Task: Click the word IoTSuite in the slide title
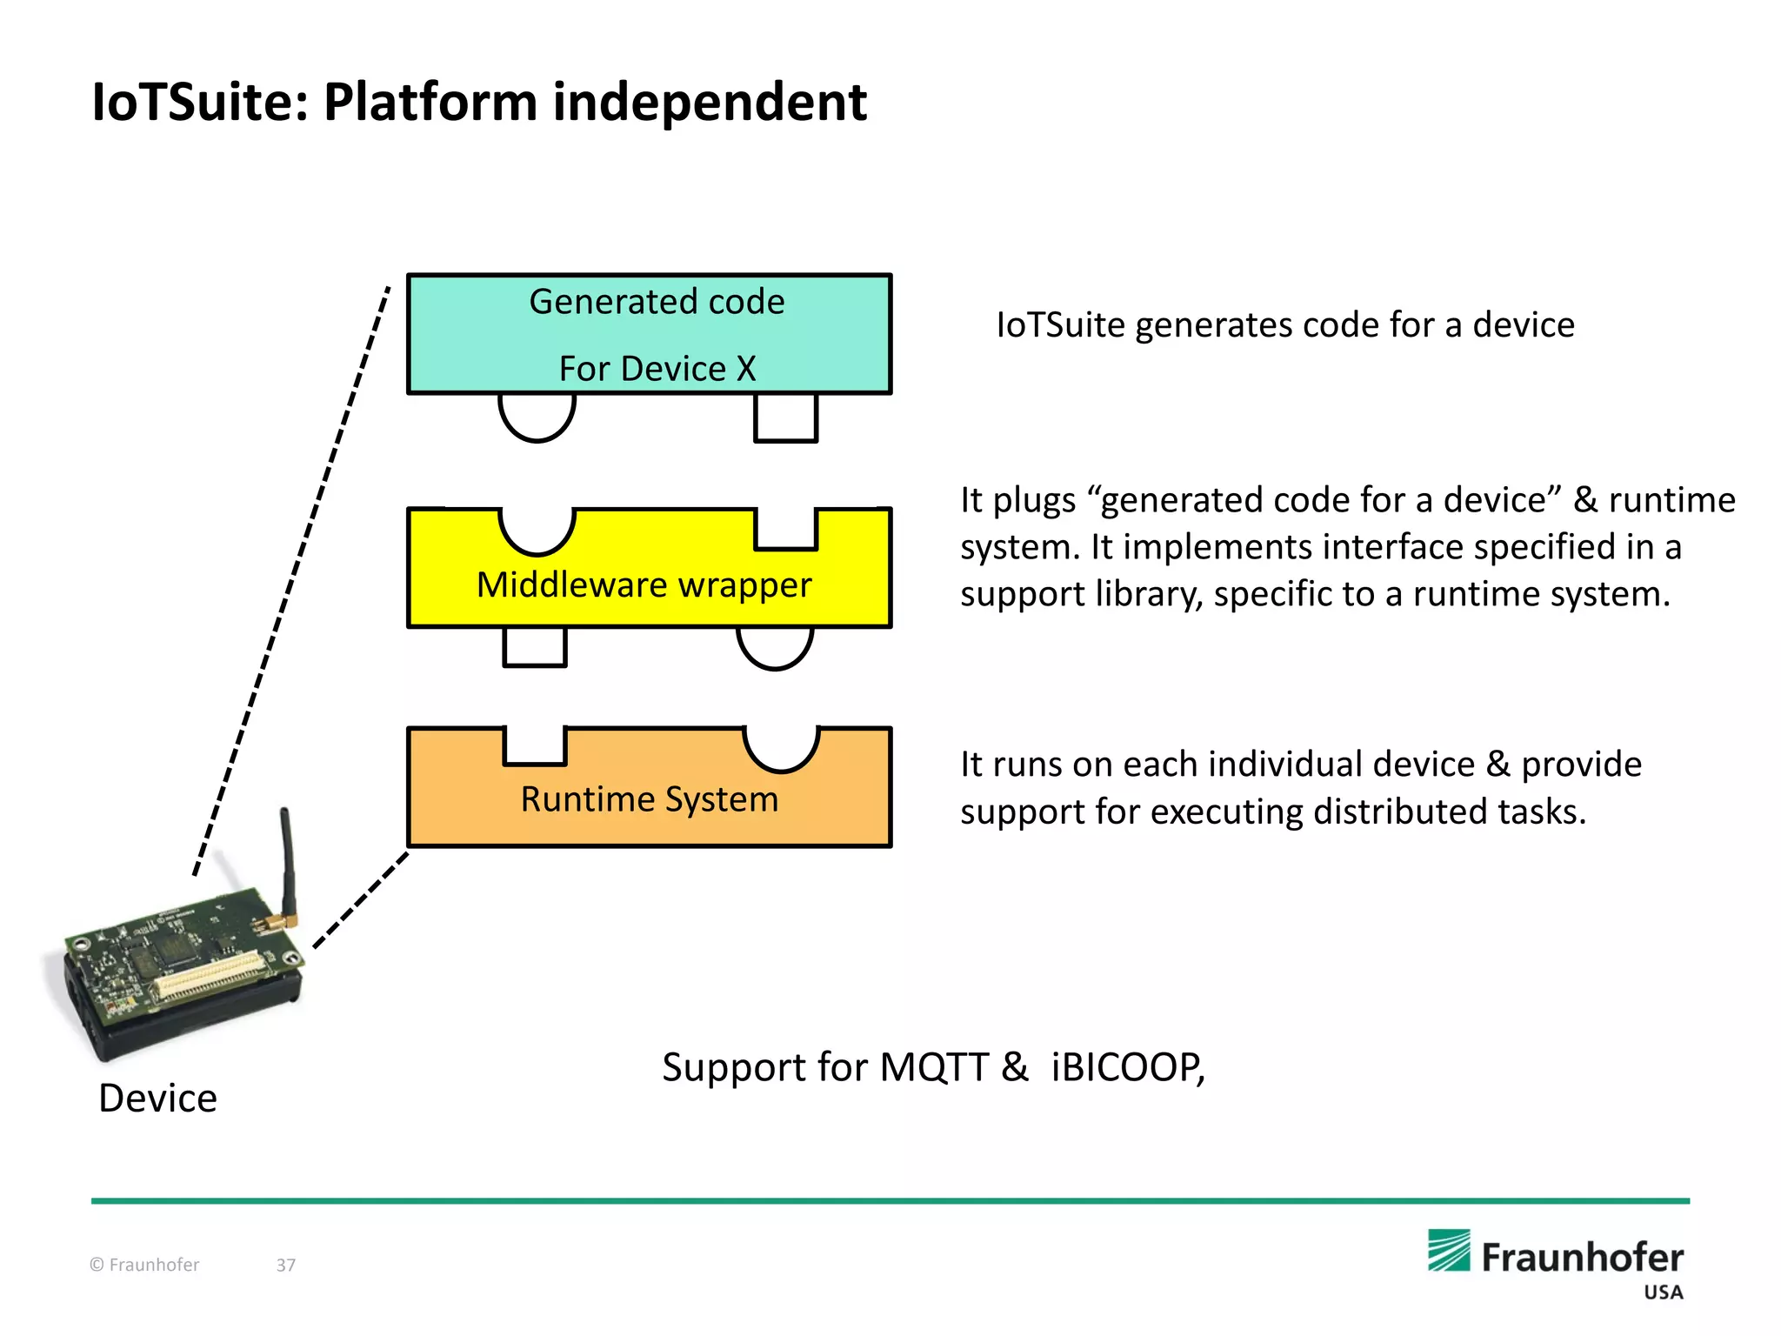point(200,103)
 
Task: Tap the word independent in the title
point(710,103)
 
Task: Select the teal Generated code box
point(649,334)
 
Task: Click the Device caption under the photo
point(157,1098)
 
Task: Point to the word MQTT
point(934,1067)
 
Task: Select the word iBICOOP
point(1126,1067)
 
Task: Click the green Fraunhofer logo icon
point(1449,1251)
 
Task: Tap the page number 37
point(286,1265)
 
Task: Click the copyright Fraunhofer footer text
point(144,1265)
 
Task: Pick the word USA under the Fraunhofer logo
point(1663,1293)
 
